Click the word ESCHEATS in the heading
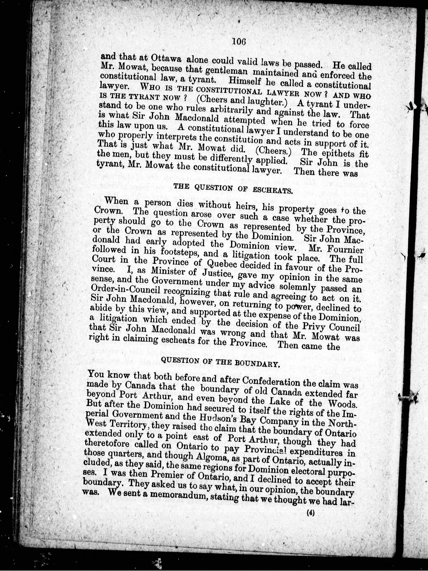point(274,191)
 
